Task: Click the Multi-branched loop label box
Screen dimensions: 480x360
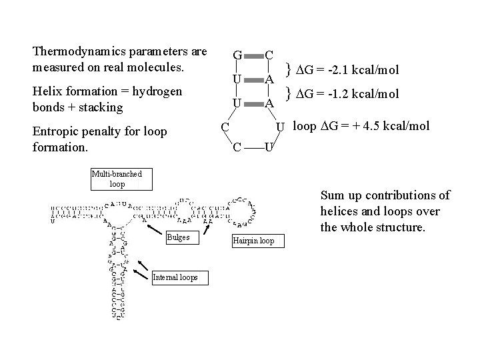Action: click(x=121, y=179)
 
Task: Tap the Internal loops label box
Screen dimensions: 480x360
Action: click(x=175, y=277)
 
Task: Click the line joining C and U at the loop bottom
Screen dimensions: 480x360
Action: click(x=253, y=147)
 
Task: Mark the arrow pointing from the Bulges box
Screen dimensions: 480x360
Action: click(x=151, y=227)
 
